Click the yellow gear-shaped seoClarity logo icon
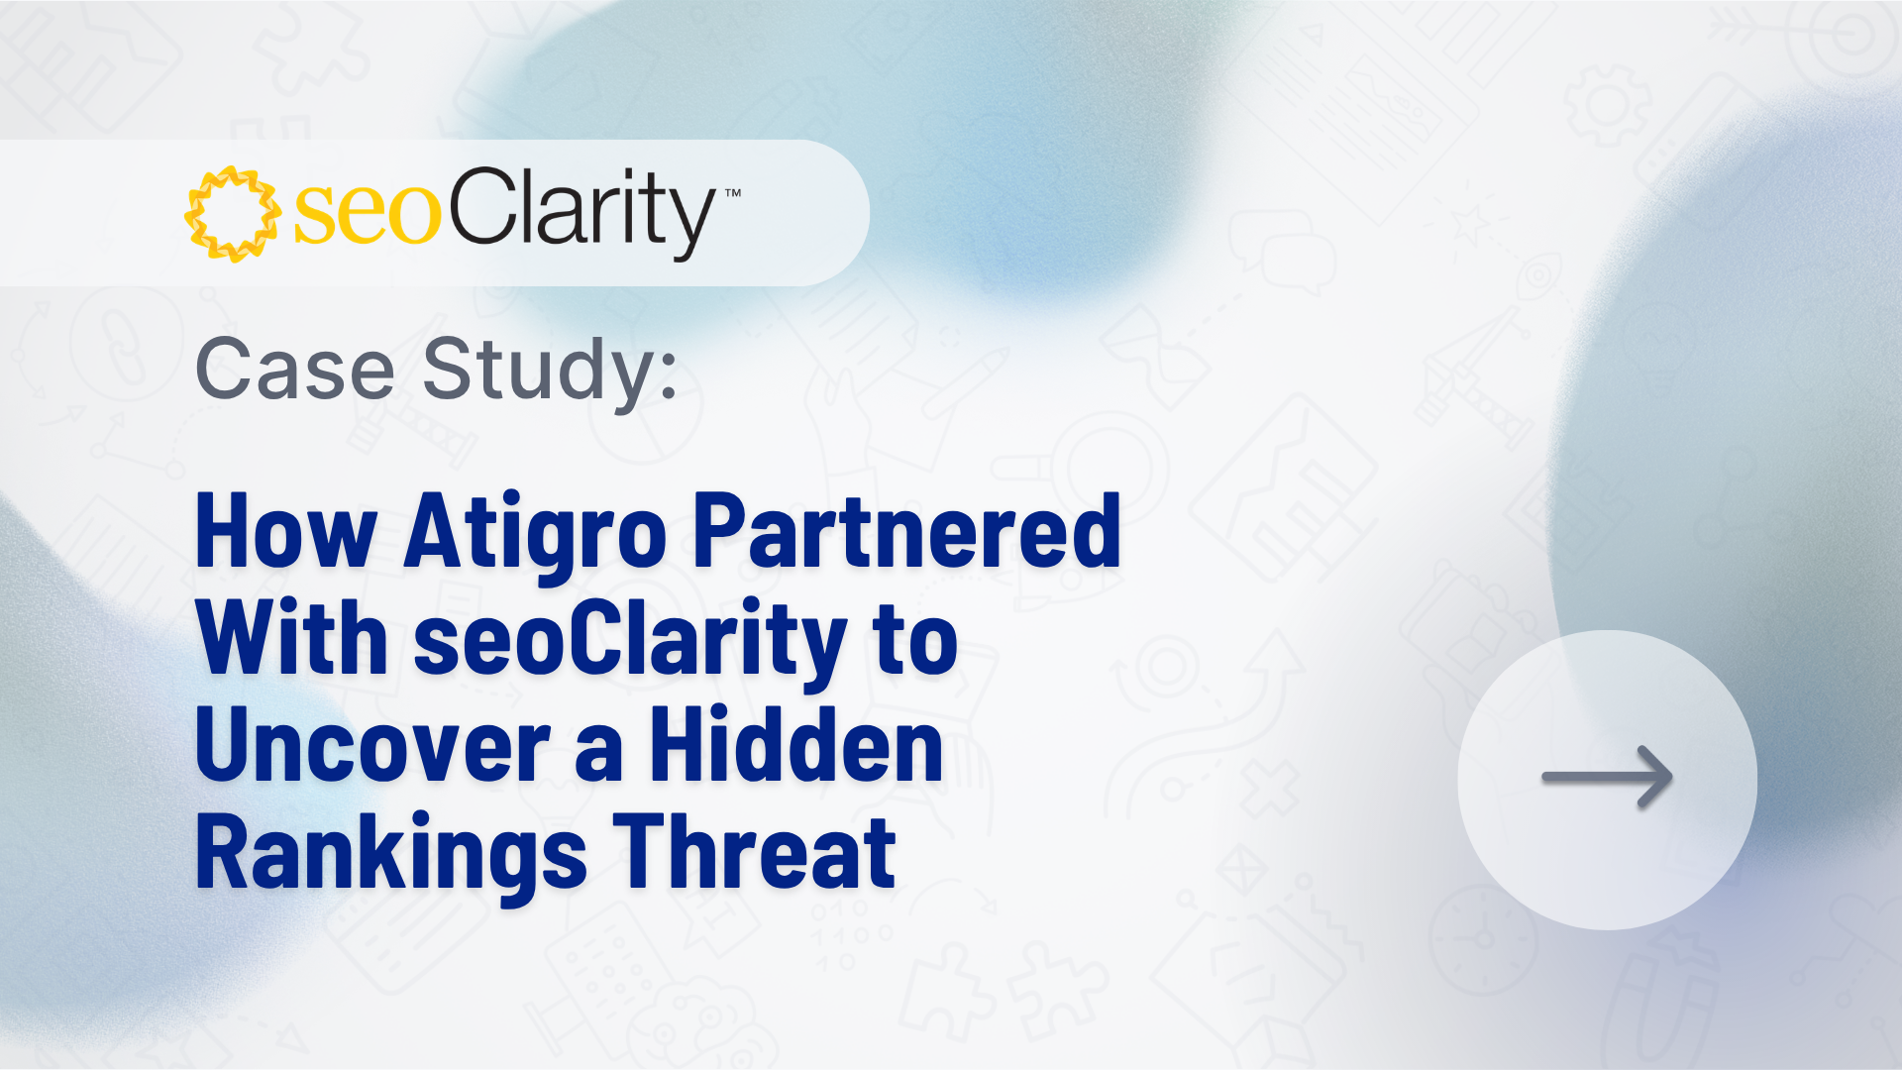[x=233, y=214]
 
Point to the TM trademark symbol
[x=733, y=193]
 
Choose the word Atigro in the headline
[x=536, y=536]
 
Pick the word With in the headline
[x=292, y=638]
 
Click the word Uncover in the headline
[x=373, y=745]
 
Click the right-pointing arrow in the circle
[x=1607, y=778]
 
